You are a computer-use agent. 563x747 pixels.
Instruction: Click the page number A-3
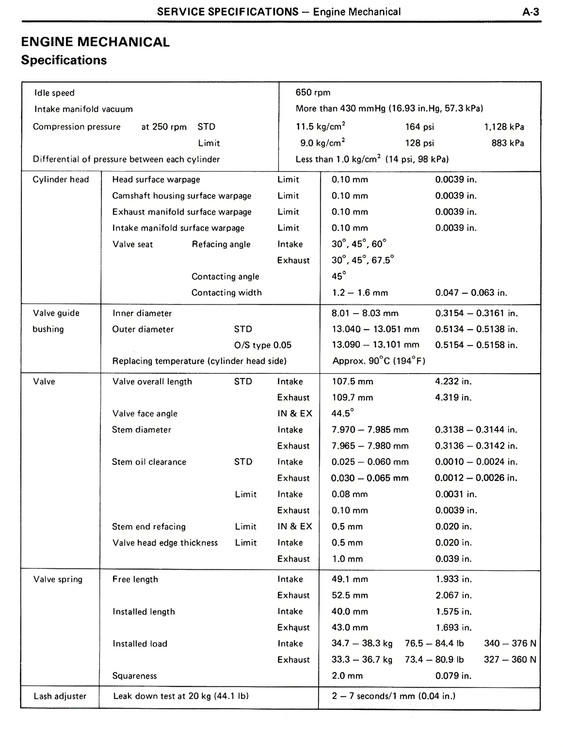[530, 12]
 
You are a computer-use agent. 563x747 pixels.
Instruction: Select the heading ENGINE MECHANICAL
[95, 42]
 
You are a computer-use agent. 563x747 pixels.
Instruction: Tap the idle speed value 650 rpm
[313, 92]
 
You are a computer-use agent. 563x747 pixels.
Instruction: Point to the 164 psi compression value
[419, 127]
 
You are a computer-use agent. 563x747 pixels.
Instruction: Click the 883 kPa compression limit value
[508, 143]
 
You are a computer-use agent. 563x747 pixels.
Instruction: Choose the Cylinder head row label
[61, 179]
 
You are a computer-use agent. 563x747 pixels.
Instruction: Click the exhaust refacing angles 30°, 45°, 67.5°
[362, 260]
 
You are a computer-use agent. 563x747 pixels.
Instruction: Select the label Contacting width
[226, 293]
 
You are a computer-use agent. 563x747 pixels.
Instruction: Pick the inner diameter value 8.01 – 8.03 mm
[365, 313]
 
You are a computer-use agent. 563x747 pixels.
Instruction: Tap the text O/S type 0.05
[263, 345]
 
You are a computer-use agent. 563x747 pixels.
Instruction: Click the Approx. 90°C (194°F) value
[379, 361]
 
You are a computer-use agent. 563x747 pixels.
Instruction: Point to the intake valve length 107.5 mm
[352, 381]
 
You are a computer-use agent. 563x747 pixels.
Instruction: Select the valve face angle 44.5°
[342, 414]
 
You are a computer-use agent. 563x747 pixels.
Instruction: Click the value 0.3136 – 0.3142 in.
[476, 446]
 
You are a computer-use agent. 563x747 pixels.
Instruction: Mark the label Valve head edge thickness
[165, 543]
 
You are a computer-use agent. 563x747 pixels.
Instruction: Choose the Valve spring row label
[58, 579]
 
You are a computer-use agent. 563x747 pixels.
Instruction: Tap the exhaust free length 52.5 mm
[350, 595]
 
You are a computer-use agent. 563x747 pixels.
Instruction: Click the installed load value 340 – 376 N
[510, 644]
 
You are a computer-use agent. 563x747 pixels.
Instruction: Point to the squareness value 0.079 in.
[453, 676]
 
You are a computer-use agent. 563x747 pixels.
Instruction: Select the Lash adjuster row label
[60, 696]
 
